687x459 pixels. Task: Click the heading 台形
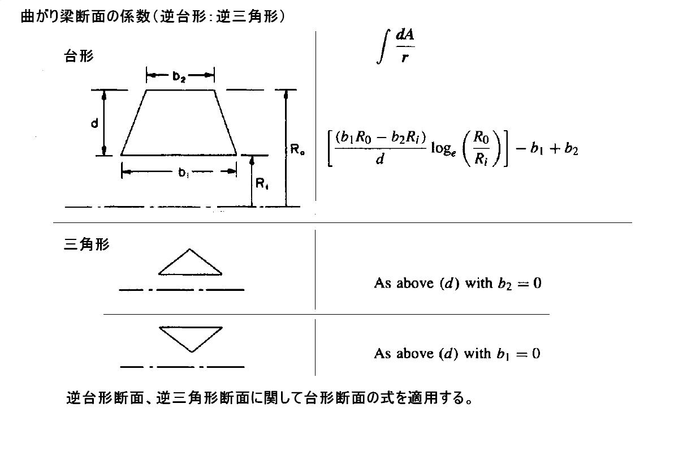79,56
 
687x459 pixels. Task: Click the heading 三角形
87,245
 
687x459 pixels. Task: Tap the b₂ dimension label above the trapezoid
179,77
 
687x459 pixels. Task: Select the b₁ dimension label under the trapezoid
184,173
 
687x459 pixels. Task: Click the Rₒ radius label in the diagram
298,150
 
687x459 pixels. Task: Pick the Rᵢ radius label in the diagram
262,183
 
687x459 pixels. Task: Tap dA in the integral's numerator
405,35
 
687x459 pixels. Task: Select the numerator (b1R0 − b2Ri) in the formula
380,138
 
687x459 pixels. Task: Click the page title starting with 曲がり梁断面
153,17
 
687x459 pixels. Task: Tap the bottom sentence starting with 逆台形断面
269,398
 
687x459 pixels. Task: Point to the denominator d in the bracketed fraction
380,160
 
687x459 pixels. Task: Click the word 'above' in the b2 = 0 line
414,283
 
